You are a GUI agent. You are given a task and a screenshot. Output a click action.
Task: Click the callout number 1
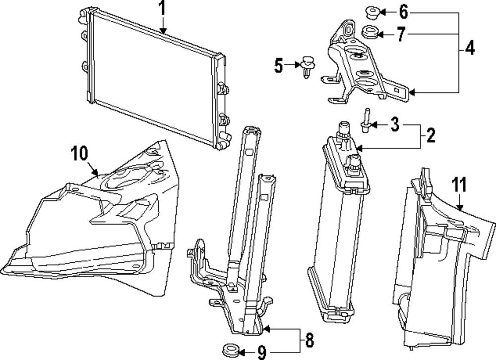[162, 8]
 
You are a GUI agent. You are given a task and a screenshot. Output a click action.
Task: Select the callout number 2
[431, 134]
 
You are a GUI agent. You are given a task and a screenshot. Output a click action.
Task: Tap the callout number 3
[394, 124]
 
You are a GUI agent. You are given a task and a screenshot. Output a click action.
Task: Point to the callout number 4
[470, 49]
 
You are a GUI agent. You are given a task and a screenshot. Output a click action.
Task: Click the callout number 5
[279, 64]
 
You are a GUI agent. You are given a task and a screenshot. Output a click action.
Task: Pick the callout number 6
[403, 10]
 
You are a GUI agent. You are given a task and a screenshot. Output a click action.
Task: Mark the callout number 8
[309, 341]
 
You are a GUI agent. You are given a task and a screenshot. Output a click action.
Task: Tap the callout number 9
[261, 353]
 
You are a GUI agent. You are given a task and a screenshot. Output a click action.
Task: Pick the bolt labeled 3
[366, 121]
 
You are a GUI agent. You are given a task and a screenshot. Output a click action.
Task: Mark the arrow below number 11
[459, 204]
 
